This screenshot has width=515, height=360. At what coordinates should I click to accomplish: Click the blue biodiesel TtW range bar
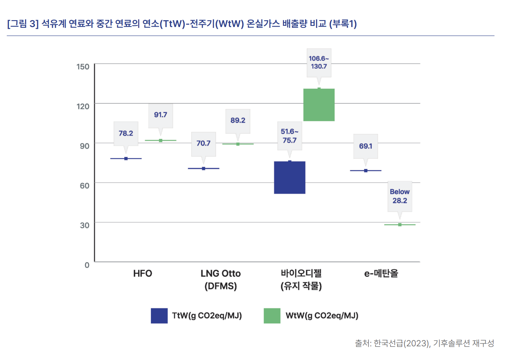tap(289, 178)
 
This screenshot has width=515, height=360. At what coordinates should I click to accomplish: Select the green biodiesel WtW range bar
tap(319, 105)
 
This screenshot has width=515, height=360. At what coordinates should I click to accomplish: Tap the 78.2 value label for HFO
tap(126, 134)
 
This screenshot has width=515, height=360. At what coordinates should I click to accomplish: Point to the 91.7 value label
tap(161, 115)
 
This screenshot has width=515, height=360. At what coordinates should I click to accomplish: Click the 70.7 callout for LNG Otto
tap(203, 144)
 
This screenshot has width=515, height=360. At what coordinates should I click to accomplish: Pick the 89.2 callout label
tap(238, 121)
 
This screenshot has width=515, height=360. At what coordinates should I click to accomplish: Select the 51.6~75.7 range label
tap(289, 136)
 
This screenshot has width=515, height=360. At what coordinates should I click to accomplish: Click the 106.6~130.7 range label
tap(319, 63)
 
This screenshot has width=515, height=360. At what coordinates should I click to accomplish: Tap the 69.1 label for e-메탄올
tap(366, 146)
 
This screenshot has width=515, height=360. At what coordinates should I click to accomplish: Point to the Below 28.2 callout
tap(400, 196)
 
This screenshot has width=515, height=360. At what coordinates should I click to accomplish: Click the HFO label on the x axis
tap(142, 274)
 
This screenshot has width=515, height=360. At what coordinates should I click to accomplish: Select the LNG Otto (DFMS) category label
tap(220, 280)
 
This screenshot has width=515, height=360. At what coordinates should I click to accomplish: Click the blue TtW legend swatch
tap(159, 316)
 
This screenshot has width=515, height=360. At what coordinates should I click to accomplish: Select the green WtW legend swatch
tap(272, 316)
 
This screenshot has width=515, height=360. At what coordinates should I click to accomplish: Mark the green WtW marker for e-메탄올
tap(400, 224)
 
